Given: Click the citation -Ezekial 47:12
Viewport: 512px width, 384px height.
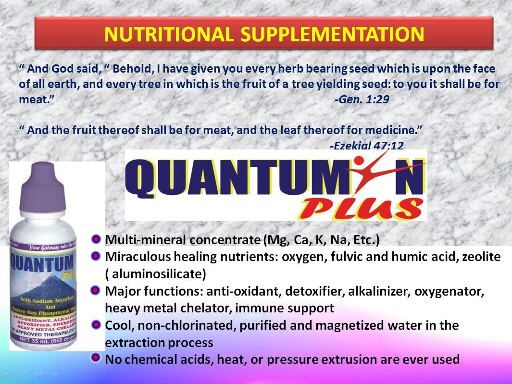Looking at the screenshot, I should tap(366, 145).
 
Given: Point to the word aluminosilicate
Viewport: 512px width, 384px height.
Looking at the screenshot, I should tap(157, 274).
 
